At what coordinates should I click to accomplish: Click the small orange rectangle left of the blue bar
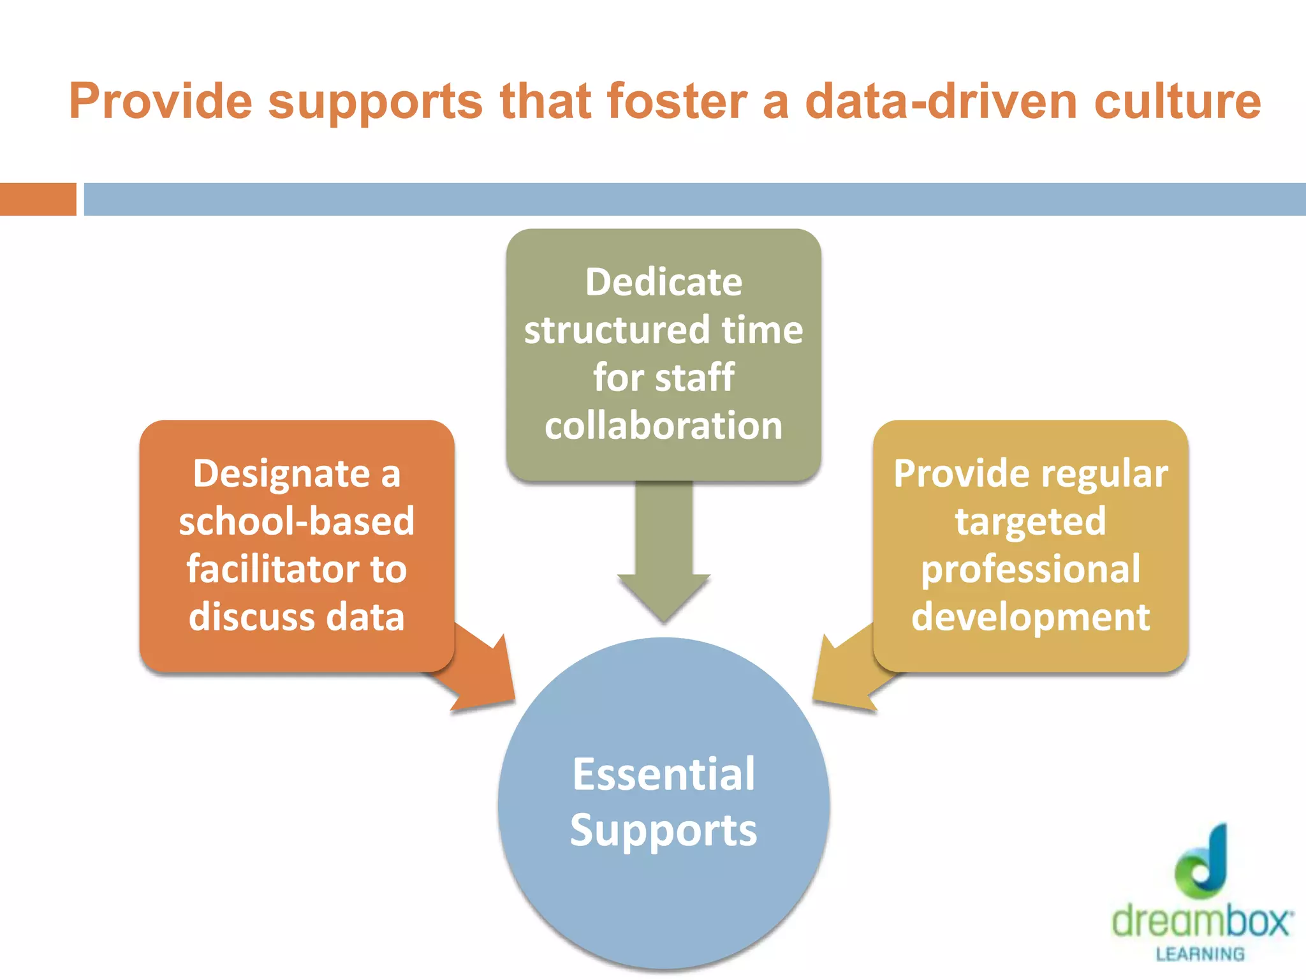pos(38,199)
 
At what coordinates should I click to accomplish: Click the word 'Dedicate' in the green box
pos(663,282)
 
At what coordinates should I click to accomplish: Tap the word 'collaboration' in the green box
pos(663,426)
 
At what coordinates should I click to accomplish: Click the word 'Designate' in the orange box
pos(281,474)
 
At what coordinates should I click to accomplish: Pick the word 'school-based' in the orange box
pos(297,521)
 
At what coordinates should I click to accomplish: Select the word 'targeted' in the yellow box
pos(1030,522)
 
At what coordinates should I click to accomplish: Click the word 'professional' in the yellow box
pos(1030,570)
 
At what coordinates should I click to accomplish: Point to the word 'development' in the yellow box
pos(1030,617)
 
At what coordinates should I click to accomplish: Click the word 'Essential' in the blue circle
pos(663,775)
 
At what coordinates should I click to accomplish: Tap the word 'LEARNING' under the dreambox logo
pos(1200,954)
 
